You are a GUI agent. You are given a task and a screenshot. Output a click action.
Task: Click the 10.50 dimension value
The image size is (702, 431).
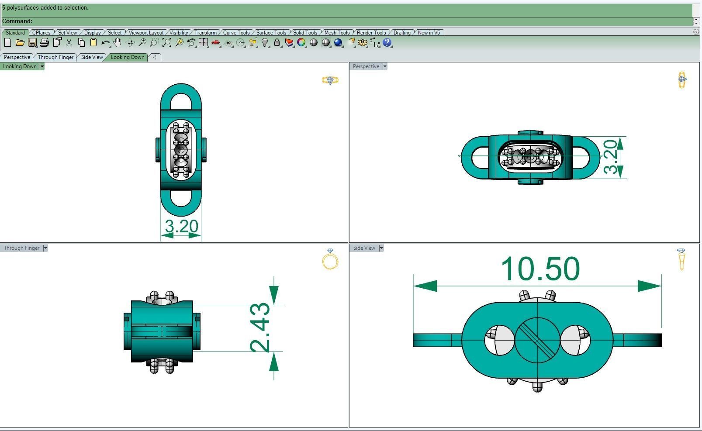coord(540,269)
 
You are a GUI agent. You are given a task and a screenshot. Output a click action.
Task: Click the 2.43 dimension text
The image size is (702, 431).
coord(260,327)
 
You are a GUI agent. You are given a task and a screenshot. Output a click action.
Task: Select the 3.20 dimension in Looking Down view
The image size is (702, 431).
coord(181,226)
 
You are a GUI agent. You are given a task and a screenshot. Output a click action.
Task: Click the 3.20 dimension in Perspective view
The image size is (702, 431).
coord(611,157)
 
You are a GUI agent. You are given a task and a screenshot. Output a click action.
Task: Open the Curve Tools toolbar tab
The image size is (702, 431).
coord(236,33)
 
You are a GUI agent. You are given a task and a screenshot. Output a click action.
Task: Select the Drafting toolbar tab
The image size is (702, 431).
coord(401,33)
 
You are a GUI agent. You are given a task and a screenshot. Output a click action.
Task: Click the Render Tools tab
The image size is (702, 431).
coord(371,33)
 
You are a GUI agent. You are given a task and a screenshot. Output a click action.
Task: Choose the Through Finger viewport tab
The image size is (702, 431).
coord(55,57)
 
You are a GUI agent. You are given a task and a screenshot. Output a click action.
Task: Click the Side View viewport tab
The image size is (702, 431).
coord(92,57)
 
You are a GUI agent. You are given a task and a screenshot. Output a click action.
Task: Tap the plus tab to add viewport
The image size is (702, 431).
coord(155,57)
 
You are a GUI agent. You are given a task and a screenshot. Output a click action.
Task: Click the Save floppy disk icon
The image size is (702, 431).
coord(32,42)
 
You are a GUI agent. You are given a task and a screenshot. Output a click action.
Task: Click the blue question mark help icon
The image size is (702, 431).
coord(387,42)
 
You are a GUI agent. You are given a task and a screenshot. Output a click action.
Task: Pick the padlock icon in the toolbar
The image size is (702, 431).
coord(277,42)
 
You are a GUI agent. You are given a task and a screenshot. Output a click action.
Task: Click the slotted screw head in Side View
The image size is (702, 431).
coord(537,340)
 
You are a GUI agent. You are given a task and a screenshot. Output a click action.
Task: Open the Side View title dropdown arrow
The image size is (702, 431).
coord(381,248)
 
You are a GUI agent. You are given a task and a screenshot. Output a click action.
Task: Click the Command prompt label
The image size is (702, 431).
coord(17,21)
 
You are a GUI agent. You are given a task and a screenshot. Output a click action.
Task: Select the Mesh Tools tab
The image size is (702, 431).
coord(336,33)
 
